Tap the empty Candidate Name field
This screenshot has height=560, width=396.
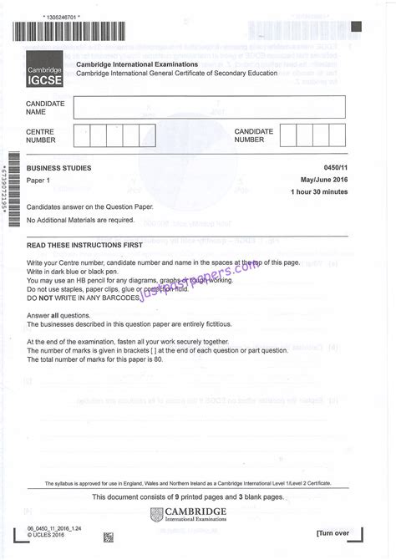209,107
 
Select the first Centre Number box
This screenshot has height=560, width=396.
82,135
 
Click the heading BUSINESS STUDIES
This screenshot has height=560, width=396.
59,168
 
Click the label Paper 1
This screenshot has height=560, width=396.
38,181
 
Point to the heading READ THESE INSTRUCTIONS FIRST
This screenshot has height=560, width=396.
84,245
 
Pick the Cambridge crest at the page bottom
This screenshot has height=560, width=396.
157,515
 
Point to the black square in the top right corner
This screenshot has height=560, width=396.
357,26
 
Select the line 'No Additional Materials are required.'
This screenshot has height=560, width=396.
80,220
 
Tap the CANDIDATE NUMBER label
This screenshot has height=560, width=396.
254,135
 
